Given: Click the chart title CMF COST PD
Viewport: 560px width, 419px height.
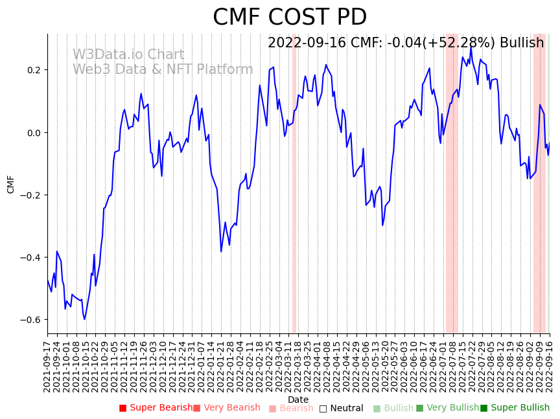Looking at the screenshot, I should (x=290, y=18).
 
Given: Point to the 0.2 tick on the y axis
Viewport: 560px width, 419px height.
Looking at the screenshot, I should (x=32, y=70).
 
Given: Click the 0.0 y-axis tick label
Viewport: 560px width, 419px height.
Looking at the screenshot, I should (x=32, y=133).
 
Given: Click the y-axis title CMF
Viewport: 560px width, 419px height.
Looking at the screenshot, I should (x=11, y=184).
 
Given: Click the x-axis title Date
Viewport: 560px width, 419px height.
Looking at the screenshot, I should (x=298, y=400).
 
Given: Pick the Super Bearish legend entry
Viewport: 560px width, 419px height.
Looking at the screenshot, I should (x=156, y=408).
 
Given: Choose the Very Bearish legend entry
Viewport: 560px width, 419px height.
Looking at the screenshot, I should (x=227, y=408).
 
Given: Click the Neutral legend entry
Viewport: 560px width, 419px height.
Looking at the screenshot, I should (x=341, y=408).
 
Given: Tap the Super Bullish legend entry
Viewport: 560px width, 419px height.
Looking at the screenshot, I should (x=515, y=408).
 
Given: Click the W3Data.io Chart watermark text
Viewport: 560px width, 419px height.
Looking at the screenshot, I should (x=128, y=55).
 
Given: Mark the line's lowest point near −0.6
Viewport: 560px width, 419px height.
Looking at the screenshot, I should (x=84, y=319).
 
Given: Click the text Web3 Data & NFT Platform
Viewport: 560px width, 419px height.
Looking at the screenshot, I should (x=163, y=69).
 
